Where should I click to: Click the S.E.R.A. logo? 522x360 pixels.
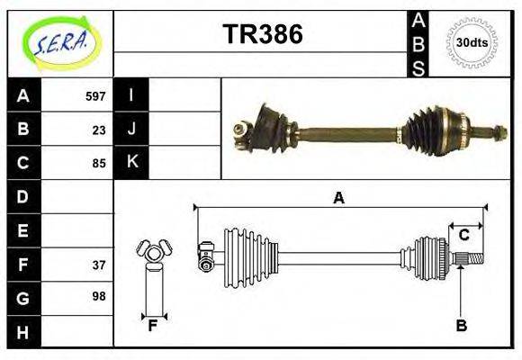tap(59, 42)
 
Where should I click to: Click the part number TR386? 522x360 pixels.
tap(262, 35)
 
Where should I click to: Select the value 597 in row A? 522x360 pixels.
tap(95, 96)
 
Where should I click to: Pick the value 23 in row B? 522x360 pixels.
tap(99, 130)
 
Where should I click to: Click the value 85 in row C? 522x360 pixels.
tap(99, 164)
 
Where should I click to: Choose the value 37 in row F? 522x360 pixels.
tap(99, 265)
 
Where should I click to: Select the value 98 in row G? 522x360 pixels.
tap(99, 295)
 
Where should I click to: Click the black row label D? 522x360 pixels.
tap(22, 196)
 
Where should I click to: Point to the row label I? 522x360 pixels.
tap(131, 95)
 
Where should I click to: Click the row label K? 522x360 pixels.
tap(131, 163)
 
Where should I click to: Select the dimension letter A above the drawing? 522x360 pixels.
tap(338, 199)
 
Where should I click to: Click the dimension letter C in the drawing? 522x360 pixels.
tap(464, 236)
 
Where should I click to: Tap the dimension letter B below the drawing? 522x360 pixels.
tap(461, 326)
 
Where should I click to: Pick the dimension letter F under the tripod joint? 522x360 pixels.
tap(153, 326)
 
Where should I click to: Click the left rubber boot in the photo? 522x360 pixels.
tap(268, 124)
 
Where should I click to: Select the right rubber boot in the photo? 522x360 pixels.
tap(430, 132)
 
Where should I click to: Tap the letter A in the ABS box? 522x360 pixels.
tap(418, 21)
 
